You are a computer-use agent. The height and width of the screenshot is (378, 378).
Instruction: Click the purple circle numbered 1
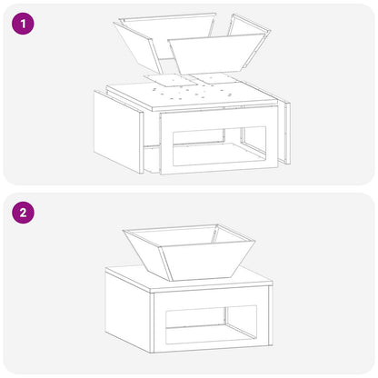tap(23, 23)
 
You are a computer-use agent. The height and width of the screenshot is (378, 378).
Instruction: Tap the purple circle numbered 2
tap(23, 213)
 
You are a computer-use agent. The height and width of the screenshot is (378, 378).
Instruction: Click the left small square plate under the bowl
tap(171, 79)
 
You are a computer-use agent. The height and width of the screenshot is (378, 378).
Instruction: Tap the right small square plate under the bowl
tap(215, 78)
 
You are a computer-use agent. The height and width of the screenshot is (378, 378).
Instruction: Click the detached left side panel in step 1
tap(118, 132)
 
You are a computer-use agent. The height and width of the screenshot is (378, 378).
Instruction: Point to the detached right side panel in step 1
tap(284, 132)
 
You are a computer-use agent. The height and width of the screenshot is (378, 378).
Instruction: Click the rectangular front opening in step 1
tap(220, 146)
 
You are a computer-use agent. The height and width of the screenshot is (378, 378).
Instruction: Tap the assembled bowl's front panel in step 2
tap(207, 261)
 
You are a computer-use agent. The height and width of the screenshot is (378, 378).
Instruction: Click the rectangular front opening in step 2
tap(211, 324)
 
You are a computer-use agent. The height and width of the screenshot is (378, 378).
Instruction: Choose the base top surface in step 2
tap(189, 280)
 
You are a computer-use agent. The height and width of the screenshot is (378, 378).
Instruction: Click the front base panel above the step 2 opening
tap(211, 297)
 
